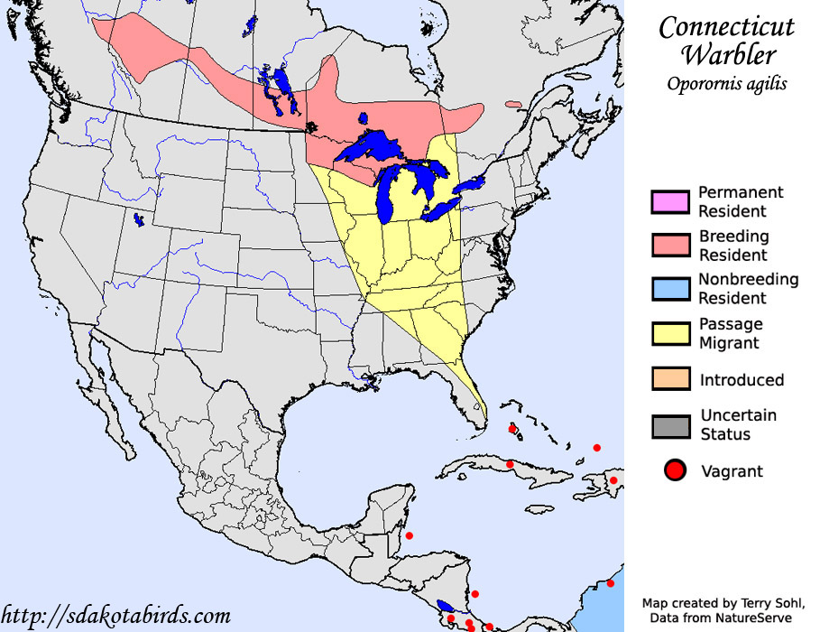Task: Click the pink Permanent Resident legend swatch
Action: point(670,202)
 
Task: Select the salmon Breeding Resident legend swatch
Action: point(670,246)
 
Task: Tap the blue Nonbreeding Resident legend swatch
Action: point(670,289)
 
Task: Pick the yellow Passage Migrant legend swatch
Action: point(670,333)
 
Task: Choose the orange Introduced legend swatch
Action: point(670,379)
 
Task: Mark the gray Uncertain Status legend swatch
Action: point(670,424)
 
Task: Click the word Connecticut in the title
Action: point(726,27)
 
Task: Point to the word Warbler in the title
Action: point(728,55)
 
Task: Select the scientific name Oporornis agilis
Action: point(727,84)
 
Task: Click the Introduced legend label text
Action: point(741,380)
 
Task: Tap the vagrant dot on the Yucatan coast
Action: point(410,535)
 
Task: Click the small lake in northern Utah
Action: point(137,218)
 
